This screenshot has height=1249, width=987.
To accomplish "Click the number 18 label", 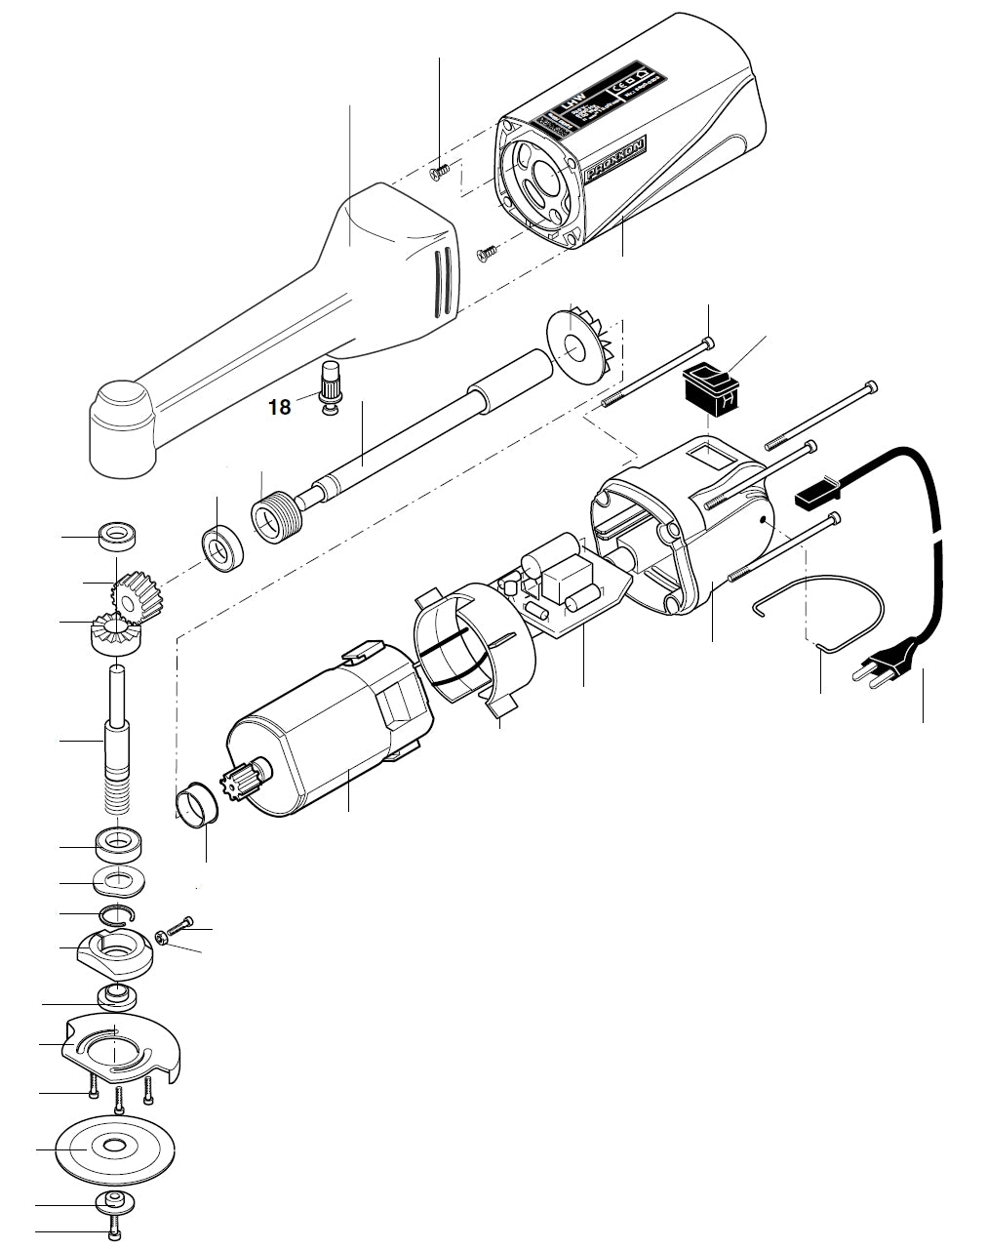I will [x=280, y=407].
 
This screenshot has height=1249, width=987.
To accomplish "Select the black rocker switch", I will [x=709, y=388].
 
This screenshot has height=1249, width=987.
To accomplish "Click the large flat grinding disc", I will [x=115, y=1148].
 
